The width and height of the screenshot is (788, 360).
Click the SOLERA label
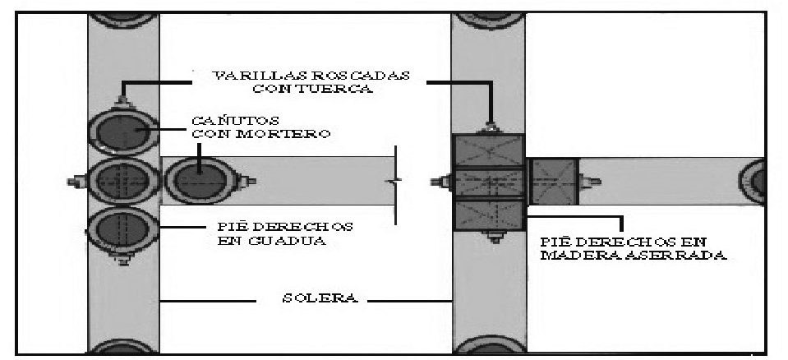(319, 298)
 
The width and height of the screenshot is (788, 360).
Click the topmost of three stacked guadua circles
(123, 132)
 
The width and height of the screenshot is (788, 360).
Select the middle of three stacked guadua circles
(123, 181)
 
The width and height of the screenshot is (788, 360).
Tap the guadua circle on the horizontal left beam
(200, 181)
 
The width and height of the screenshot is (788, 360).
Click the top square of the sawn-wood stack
(488, 150)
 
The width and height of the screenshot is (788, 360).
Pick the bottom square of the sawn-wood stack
(488, 215)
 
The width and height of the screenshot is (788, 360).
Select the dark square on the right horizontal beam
(555, 182)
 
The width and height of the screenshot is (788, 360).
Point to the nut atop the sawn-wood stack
(490, 127)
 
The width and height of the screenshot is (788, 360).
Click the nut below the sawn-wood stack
(494, 237)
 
